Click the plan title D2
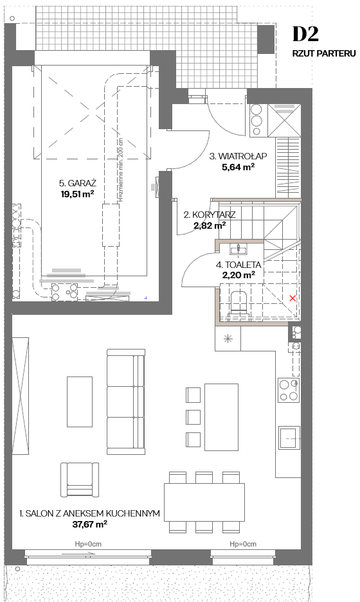(305, 34)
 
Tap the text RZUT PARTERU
(324, 53)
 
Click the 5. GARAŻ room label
(78, 183)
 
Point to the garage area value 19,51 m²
(78, 194)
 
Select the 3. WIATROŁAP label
(239, 156)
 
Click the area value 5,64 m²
(239, 167)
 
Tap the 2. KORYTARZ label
(210, 215)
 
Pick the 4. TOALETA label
(239, 265)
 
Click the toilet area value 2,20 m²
(239, 275)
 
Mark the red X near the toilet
(292, 298)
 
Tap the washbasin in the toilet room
(239, 249)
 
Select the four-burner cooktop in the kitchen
(289, 390)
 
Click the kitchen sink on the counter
(289, 438)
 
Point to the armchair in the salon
(80, 479)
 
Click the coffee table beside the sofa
(80, 402)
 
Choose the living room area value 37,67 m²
(90, 524)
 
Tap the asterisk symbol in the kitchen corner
(228, 339)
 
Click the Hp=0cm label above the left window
(88, 544)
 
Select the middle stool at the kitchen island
(194, 417)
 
